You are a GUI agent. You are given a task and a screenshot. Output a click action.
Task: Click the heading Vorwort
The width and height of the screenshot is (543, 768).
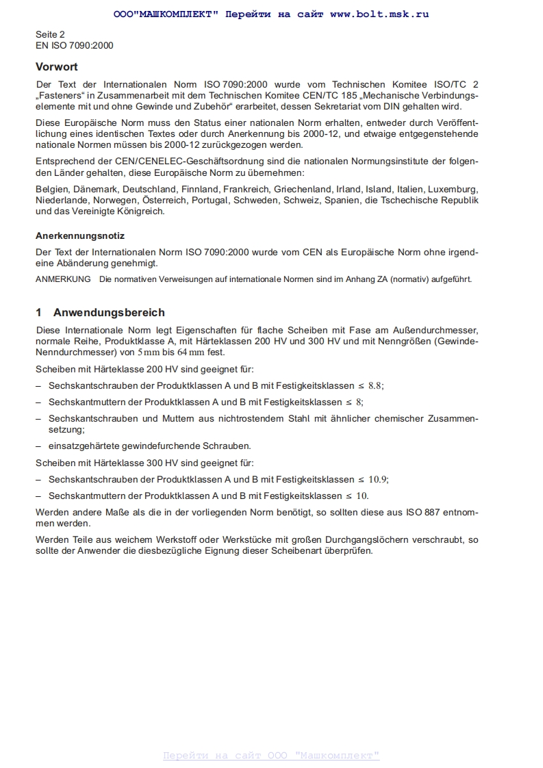click(57, 67)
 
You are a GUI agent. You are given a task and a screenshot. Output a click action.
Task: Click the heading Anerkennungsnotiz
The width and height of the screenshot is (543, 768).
click(80, 235)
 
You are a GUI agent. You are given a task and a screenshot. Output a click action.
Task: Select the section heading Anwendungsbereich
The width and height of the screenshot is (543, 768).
click(109, 313)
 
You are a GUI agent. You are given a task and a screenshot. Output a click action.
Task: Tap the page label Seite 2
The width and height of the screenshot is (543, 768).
click(50, 34)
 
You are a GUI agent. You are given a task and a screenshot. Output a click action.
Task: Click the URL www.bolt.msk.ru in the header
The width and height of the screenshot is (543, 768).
click(379, 14)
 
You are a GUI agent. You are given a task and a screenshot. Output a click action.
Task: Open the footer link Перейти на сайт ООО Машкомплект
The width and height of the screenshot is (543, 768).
click(271, 756)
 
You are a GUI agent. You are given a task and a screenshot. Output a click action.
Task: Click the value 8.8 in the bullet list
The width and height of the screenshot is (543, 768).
click(376, 385)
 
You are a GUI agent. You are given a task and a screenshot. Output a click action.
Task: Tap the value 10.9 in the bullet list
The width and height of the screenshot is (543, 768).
click(379, 479)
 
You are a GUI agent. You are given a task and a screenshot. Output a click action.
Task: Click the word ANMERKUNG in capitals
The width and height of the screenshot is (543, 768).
click(63, 279)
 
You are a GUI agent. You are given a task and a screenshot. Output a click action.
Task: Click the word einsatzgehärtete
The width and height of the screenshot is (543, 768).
click(88, 446)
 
